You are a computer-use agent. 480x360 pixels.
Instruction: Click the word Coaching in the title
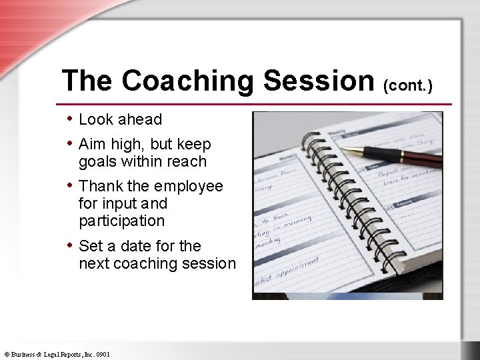(x=189, y=81)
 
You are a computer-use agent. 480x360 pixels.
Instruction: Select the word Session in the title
(x=319, y=81)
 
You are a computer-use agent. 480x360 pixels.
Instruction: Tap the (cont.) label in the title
(x=408, y=85)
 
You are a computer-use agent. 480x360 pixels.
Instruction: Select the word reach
(x=188, y=162)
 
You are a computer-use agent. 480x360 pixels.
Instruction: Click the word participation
(x=121, y=221)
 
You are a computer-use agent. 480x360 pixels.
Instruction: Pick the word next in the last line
(x=94, y=264)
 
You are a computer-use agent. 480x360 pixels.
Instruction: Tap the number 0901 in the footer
(x=102, y=355)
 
